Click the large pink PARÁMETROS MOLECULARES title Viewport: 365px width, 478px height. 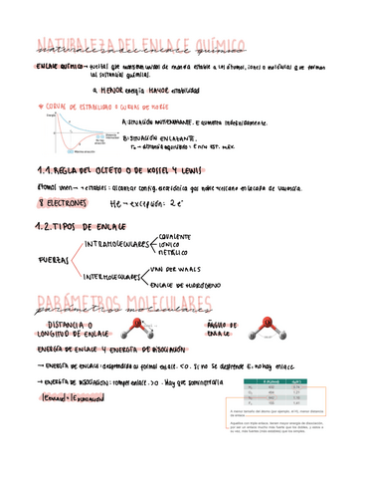pyautogui.click(x=124, y=304)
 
